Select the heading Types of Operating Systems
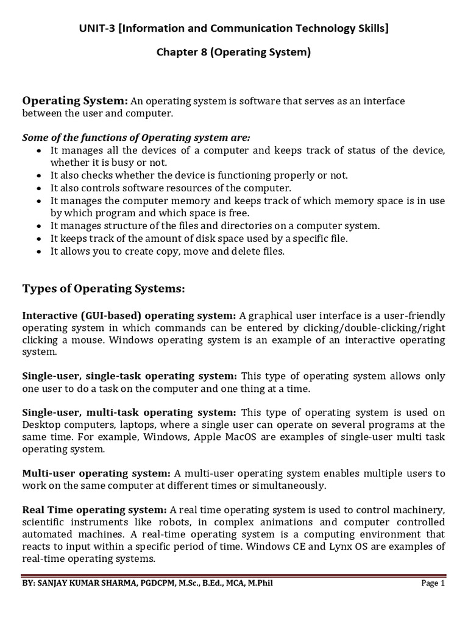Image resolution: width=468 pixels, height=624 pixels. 104,288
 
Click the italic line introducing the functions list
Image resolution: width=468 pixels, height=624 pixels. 136,137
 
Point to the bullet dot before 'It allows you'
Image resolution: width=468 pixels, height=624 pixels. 40,252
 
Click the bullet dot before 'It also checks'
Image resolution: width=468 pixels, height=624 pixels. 40,175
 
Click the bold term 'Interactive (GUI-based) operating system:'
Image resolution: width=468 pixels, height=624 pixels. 129,315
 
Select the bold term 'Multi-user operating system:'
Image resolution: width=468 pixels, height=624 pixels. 96,473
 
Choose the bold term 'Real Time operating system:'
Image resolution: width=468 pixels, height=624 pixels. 94,509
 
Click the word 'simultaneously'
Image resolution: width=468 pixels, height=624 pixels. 294,485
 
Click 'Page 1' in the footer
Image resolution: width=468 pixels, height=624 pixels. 433,583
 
